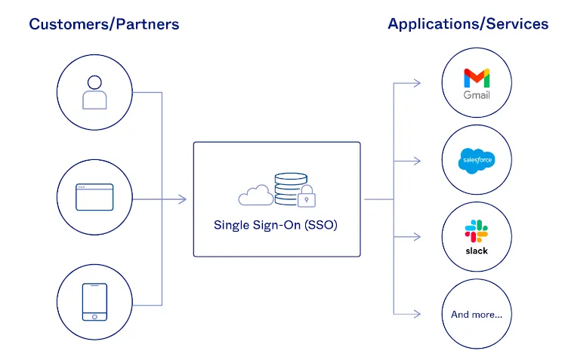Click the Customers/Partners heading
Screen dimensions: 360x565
pyautogui.click(x=104, y=24)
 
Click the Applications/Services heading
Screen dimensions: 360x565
pyautogui.click(x=468, y=24)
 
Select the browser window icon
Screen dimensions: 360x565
pyautogui.click(x=94, y=198)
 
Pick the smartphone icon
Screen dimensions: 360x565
pyautogui.click(x=94, y=301)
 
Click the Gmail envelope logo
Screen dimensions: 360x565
pyautogui.click(x=477, y=78)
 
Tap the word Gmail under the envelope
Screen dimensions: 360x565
pyautogui.click(x=477, y=96)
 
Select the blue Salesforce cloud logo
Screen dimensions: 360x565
pyautogui.click(x=477, y=160)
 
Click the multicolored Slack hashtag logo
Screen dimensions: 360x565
pyautogui.click(x=477, y=229)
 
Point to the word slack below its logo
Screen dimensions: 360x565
pyautogui.click(x=477, y=251)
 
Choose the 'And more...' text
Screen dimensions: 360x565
pyautogui.click(x=477, y=314)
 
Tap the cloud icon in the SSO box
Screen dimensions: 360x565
pyautogui.click(x=255, y=196)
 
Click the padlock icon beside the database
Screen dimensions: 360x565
pyautogui.click(x=305, y=198)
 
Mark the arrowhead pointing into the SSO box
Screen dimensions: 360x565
pyautogui.click(x=182, y=199)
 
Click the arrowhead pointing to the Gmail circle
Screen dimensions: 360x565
pyautogui.click(x=417, y=83)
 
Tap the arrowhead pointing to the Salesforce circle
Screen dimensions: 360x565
pyautogui.click(x=417, y=161)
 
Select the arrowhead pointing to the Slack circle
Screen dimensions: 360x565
pyautogui.click(x=417, y=237)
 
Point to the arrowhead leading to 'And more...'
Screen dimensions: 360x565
pyautogui.click(x=417, y=314)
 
